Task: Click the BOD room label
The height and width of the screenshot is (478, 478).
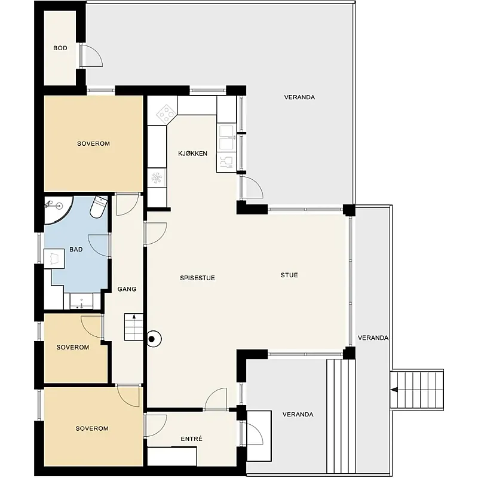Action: [60, 48]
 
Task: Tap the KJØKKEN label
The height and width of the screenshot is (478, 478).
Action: [192, 154]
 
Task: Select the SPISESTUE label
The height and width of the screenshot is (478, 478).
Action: [197, 278]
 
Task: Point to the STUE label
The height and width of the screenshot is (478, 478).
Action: [289, 275]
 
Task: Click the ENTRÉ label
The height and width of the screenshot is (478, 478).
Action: [191, 439]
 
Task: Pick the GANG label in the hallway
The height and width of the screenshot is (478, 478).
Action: [127, 289]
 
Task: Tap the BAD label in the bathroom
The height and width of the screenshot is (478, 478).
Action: [76, 249]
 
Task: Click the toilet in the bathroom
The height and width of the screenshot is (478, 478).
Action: [99, 207]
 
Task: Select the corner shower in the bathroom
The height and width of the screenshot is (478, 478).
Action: [59, 210]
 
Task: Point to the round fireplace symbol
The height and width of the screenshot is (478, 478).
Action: [154, 339]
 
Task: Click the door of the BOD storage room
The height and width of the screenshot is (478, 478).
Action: [92, 55]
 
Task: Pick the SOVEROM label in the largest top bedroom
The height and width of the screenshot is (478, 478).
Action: [93, 143]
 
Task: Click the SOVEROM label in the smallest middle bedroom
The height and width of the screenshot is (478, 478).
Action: [73, 347]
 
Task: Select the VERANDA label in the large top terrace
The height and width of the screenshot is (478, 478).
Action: [299, 97]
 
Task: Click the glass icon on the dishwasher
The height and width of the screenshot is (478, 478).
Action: [226, 163]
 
